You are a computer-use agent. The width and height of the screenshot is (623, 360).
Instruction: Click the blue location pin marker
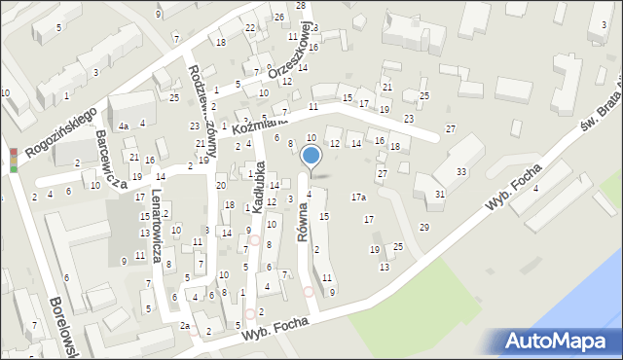[x=311, y=157]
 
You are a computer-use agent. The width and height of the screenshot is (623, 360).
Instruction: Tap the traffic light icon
[x=14, y=161]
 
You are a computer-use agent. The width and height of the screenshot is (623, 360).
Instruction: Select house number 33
[x=460, y=172]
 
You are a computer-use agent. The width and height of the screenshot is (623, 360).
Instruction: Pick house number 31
[x=440, y=194]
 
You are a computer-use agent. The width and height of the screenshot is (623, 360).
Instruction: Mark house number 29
[x=423, y=227]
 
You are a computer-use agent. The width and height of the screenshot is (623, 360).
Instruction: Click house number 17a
[x=358, y=198]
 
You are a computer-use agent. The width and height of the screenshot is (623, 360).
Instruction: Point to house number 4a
[x=124, y=126]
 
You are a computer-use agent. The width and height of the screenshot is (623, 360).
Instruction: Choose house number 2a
[x=184, y=326]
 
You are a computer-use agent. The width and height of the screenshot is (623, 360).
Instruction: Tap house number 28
[x=301, y=6]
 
